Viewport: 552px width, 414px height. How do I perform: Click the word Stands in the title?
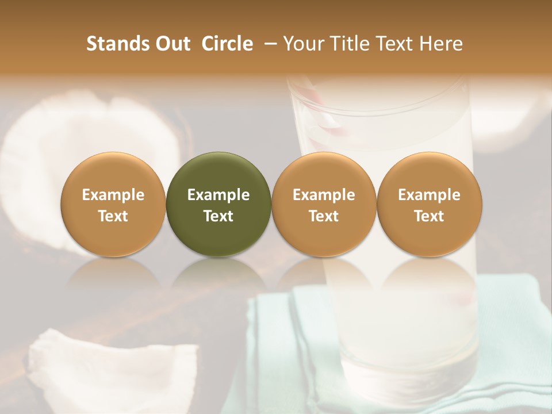(x=118, y=44)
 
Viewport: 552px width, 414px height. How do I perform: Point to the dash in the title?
(x=268, y=44)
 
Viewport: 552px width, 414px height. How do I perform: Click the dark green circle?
(x=218, y=204)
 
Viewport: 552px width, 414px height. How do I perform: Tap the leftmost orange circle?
(x=113, y=204)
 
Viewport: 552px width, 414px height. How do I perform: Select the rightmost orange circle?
(x=429, y=204)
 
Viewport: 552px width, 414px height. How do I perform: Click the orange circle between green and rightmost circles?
(x=324, y=204)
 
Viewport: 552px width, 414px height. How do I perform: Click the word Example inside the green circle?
(x=218, y=195)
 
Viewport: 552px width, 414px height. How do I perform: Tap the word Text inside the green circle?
(x=218, y=216)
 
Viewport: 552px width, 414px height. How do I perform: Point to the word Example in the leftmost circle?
(x=113, y=195)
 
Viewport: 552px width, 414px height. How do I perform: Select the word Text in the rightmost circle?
(x=429, y=216)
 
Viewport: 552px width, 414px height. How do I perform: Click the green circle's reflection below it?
(x=218, y=276)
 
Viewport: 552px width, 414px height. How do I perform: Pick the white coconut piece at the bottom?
(x=109, y=368)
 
